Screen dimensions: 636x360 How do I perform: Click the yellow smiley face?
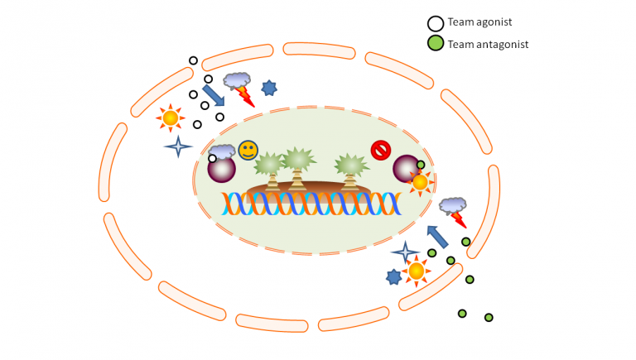tap(248, 151)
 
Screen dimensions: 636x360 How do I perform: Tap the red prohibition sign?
tap(380, 150)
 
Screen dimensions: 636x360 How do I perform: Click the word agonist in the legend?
tap(493, 22)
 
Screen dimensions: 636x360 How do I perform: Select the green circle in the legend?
tap(436, 43)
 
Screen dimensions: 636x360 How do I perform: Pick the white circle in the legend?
tap(436, 23)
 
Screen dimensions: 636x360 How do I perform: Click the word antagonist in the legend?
tap(502, 44)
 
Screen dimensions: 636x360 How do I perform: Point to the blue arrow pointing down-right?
tap(214, 95)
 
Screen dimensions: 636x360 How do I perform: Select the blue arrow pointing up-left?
tap(437, 237)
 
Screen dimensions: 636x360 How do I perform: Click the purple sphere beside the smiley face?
tap(221, 169)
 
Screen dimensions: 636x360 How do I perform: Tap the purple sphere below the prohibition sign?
tap(406, 169)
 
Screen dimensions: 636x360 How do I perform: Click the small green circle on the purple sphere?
tap(421, 165)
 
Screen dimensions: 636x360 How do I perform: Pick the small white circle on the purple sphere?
tap(213, 158)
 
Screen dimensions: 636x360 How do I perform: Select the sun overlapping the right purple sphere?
tap(420, 182)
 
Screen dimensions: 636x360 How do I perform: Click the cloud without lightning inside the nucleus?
tap(222, 151)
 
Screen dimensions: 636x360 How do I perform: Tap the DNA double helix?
tap(311, 204)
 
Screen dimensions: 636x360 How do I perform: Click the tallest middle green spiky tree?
tap(298, 168)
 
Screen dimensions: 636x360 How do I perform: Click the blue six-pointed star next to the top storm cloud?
tap(269, 88)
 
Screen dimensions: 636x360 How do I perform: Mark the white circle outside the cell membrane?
tap(194, 60)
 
